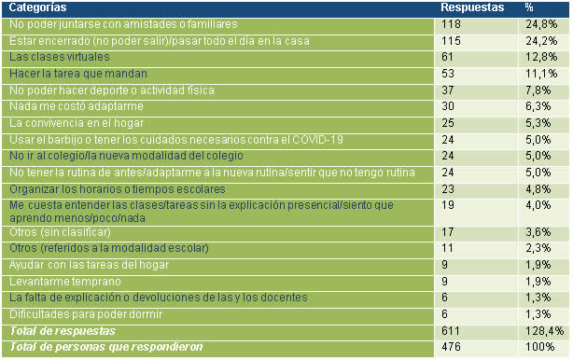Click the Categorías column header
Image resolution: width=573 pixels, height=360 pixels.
pyautogui.click(x=37, y=7)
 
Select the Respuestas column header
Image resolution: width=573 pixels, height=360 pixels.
pyautogui.click(x=472, y=7)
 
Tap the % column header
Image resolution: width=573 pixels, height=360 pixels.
pyautogui.click(x=529, y=7)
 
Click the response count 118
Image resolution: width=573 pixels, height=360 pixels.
pyautogui.click(x=451, y=24)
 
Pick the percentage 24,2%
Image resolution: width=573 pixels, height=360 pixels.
pyautogui.click(x=541, y=41)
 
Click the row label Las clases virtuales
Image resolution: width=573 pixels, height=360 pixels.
pyautogui.click(x=60, y=57)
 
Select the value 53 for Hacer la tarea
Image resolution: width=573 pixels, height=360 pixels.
pyautogui.click(x=448, y=74)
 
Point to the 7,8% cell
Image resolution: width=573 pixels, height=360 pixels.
pyautogui.click(x=538, y=90)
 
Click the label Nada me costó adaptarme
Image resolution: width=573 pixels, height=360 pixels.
pyautogui.click(x=77, y=106)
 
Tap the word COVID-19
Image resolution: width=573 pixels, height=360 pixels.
pyautogui.click(x=317, y=140)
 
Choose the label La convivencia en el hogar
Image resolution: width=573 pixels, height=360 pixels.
pyautogui.click(x=77, y=123)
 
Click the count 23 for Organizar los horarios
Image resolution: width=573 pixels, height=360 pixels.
pyautogui.click(x=448, y=189)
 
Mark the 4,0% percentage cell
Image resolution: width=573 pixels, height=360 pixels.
pyautogui.click(x=538, y=205)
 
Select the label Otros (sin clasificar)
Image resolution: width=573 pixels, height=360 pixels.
pyautogui.click(x=60, y=232)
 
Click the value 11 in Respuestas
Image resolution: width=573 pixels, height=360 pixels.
pyautogui.click(x=447, y=248)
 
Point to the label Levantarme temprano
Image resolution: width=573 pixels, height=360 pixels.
pyautogui.click(x=65, y=282)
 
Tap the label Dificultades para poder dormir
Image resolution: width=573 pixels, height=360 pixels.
pyautogui.click(x=86, y=314)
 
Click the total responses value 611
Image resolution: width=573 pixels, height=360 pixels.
pyautogui.click(x=451, y=331)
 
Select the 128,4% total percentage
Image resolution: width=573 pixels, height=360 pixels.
pyautogui.click(x=544, y=331)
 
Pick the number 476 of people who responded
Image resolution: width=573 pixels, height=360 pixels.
pyautogui.click(x=451, y=347)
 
